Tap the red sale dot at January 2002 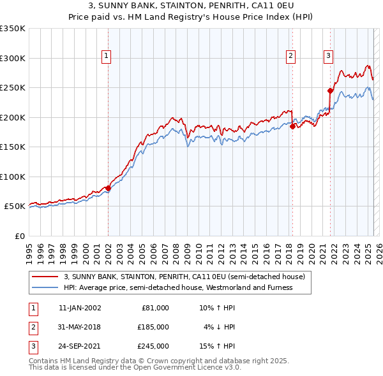coord(108,188)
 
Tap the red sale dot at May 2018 coord(292,126)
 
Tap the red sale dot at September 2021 coord(330,90)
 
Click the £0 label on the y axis coord(19,236)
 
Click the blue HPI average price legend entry coord(177,287)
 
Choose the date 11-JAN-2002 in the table coord(79,307)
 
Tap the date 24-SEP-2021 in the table coord(79,346)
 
